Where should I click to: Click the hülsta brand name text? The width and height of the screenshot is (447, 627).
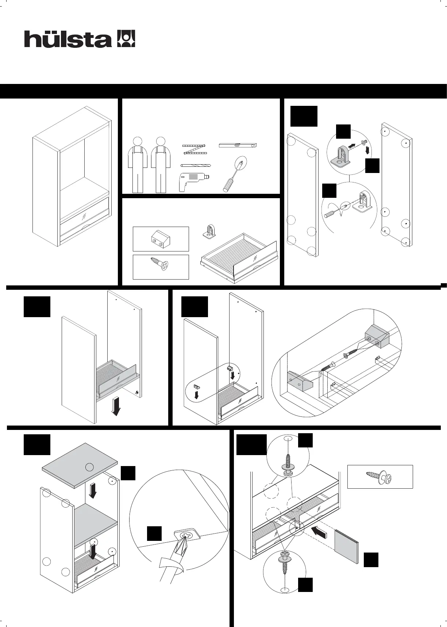[68, 39]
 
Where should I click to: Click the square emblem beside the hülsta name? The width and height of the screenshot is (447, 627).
[126, 39]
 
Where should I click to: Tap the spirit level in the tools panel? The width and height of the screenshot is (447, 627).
[238, 145]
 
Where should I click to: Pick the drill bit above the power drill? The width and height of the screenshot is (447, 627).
[196, 166]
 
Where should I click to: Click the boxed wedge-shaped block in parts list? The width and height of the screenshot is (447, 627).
[161, 239]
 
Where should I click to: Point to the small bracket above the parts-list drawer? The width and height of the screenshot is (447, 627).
[209, 232]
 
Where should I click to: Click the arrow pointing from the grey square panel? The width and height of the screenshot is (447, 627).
[318, 531]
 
